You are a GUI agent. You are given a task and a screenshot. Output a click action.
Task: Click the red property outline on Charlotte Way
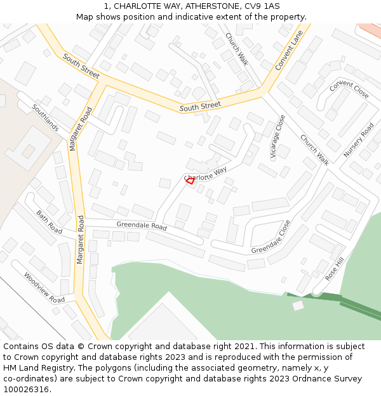pyautogui.click(x=189, y=181)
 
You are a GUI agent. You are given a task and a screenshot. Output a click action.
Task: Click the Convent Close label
pyautogui.click(x=349, y=89)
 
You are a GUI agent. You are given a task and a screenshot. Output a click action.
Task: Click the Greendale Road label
pyautogui.click(x=141, y=226)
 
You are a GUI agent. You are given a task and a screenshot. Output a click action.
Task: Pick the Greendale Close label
pyautogui.click(x=271, y=237)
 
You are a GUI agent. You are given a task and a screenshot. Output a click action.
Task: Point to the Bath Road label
pyautogui.click(x=50, y=222)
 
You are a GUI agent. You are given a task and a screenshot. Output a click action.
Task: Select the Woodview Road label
pyautogui.click(x=44, y=287)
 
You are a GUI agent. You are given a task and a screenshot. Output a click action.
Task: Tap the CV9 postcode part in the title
pyautogui.click(x=252, y=6)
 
